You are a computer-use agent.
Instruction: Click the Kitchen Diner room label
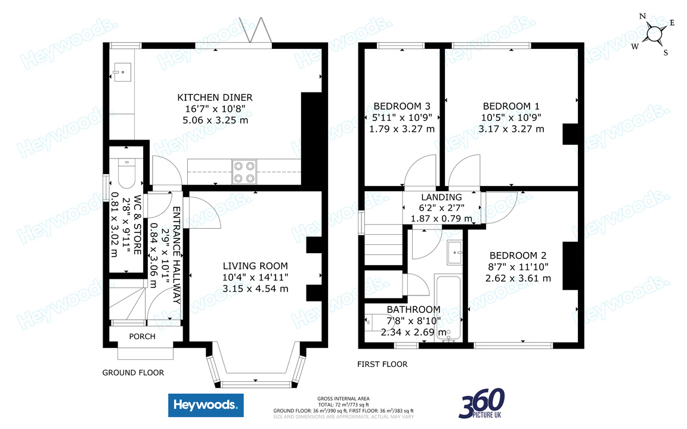[215, 97]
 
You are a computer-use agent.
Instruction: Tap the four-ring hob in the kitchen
[244, 172]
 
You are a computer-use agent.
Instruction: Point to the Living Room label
[255, 266]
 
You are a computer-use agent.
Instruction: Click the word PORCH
[142, 337]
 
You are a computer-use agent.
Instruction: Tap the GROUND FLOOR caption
[132, 373]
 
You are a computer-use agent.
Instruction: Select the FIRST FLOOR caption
[382, 364]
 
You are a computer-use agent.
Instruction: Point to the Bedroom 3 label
[402, 107]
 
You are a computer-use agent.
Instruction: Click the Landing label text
[441, 197]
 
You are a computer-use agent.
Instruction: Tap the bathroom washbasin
[456, 253]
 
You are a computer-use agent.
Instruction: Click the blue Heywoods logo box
[205, 406]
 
